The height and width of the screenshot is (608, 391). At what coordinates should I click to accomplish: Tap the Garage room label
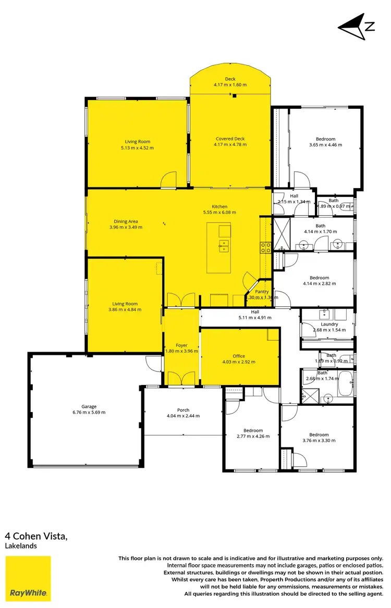point(89,406)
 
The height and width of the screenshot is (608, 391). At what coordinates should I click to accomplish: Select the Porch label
point(183,410)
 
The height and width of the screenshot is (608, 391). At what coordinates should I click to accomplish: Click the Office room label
point(239,356)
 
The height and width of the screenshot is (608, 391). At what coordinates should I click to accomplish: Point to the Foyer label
point(181,345)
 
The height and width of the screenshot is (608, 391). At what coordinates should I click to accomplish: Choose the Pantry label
point(262,292)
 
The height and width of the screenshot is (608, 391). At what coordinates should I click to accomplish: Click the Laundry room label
point(329,324)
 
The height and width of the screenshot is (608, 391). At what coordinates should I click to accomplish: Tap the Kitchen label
point(219,206)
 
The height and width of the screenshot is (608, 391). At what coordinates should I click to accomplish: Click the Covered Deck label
point(230,139)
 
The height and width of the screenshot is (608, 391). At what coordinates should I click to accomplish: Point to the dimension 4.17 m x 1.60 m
point(230,84)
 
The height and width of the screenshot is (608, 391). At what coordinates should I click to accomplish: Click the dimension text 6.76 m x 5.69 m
point(89,412)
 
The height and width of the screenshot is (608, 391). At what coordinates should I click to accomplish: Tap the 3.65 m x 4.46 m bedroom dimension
point(325,145)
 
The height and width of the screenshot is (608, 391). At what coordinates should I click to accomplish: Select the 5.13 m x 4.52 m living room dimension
point(137,147)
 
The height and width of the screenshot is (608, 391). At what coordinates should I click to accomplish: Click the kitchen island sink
point(224,245)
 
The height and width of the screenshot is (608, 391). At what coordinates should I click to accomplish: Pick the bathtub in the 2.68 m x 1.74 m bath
point(345,384)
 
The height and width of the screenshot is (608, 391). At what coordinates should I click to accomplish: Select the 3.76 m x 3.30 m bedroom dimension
point(319,440)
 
